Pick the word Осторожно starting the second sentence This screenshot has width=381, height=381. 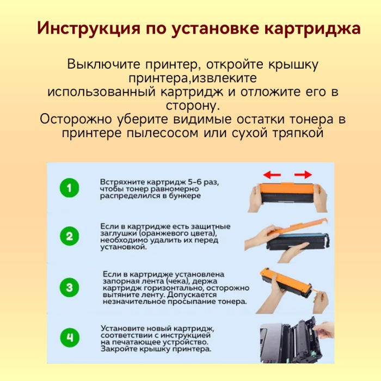click(x=77, y=119)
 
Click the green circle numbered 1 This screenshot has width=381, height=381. click(x=69, y=189)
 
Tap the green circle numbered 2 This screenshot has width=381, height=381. click(x=69, y=236)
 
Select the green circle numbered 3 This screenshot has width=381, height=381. click(x=69, y=286)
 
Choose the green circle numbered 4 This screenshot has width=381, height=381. click(x=69, y=338)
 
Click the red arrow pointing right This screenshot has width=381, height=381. click(x=303, y=175)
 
